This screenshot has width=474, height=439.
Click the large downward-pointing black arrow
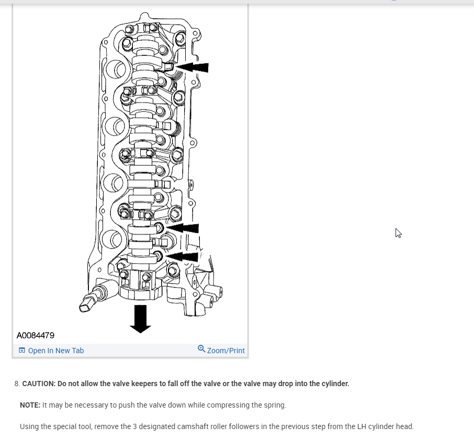140,319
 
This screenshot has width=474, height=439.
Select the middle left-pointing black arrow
183,228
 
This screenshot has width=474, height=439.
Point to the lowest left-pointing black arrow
183,256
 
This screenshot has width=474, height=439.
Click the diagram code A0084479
36,335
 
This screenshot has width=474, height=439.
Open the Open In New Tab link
55,351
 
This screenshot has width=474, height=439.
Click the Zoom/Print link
225,351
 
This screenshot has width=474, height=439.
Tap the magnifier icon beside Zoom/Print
201,349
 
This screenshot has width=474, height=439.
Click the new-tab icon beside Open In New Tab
22,351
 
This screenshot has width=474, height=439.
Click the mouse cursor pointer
398,233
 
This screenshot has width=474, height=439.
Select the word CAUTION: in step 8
39,384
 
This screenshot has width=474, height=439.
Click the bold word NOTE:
30,405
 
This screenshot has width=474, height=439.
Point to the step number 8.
17,384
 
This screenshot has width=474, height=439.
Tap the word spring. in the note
274,405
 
